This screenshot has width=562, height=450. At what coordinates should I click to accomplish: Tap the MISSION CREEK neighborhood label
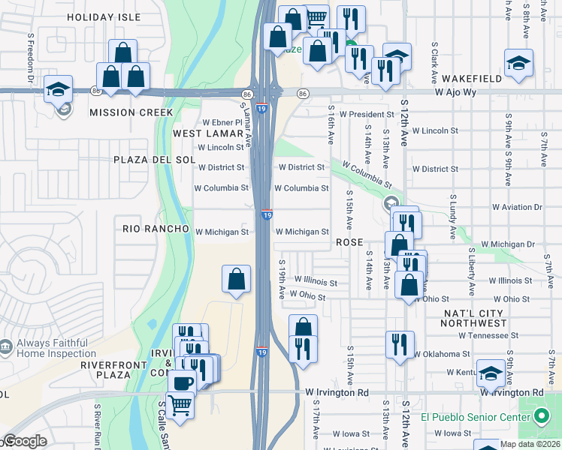click(x=131, y=112)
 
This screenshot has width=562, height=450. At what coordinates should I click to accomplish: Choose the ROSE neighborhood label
click(x=349, y=242)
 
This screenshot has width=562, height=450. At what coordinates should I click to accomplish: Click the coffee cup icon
click(x=181, y=382)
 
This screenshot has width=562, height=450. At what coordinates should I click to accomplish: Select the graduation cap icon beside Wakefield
click(x=518, y=63)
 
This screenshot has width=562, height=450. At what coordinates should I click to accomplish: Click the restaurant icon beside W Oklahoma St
click(x=399, y=344)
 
